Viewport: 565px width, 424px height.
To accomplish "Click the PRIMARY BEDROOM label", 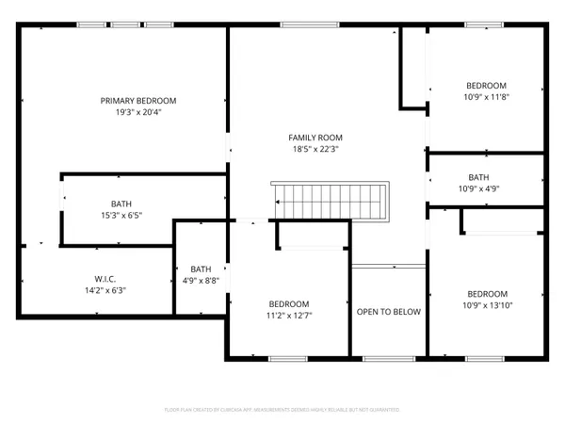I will tap(138, 100).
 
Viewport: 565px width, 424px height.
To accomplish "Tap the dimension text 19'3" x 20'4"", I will tap(138, 111).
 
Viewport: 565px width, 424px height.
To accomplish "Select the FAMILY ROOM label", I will tap(315, 137).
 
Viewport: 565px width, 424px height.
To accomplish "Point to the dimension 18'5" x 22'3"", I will tap(315, 148).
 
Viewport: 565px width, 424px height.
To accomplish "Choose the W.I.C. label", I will tap(104, 279).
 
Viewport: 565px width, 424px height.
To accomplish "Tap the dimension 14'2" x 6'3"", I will tap(104, 290).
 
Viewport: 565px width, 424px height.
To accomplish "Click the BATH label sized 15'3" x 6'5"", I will tap(121, 204).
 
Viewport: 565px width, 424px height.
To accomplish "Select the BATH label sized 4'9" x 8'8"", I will tap(201, 269).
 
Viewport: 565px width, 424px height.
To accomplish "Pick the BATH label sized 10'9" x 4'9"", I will tap(478, 176).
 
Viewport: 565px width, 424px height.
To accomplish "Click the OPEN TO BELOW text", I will tap(388, 312).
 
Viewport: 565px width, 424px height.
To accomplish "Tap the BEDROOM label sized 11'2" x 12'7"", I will tap(288, 303).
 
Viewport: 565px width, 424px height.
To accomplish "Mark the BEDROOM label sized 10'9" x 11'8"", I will tap(486, 85).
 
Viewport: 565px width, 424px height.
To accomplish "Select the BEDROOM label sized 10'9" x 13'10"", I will tap(487, 293).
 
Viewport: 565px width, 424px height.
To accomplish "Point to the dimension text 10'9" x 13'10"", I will tap(487, 304).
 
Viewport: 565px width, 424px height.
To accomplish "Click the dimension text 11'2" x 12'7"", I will tap(288, 315).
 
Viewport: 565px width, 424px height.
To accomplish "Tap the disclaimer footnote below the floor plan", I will tap(282, 410).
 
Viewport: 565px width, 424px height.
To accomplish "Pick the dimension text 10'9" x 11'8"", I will tap(486, 96).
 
